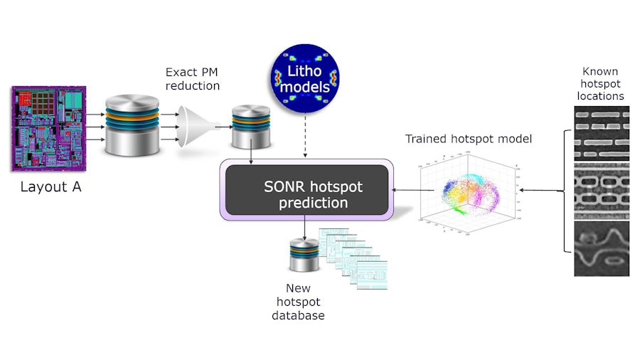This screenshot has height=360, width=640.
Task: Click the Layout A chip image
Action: pyautogui.click(x=48, y=128)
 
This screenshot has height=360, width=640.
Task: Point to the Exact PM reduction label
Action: pyautogui.click(x=193, y=79)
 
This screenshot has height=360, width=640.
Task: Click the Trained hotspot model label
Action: pyautogui.click(x=468, y=139)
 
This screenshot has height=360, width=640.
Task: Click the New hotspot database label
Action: pyautogui.click(x=299, y=302)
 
